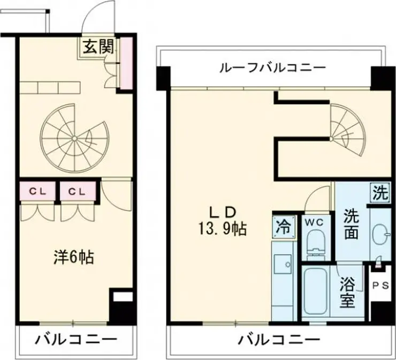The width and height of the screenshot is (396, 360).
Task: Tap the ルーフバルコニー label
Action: [272, 68]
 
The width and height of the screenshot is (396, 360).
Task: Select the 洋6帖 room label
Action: [74, 258]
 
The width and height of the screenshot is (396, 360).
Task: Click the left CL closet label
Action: [37, 190]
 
